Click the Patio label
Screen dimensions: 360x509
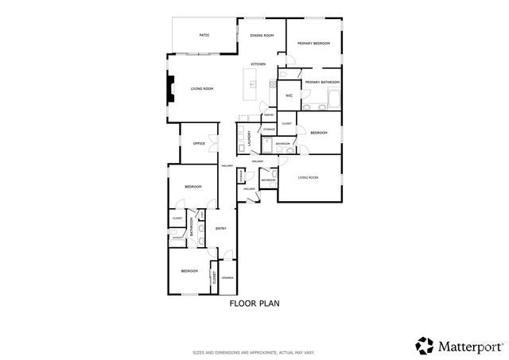coord(204,36)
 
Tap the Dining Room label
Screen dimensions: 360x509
coord(262,36)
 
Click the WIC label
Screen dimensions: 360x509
coord(289,95)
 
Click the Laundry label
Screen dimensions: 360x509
coord(250,137)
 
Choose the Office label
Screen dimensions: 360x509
coord(199,143)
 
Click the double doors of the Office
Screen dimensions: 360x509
coord(213,143)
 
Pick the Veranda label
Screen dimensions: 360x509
coord(227,277)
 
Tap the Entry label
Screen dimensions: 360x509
coord(221,229)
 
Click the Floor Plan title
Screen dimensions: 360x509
coord(254,303)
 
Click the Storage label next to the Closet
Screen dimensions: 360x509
coord(269,128)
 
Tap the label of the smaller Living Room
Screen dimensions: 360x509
coord(308,177)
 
